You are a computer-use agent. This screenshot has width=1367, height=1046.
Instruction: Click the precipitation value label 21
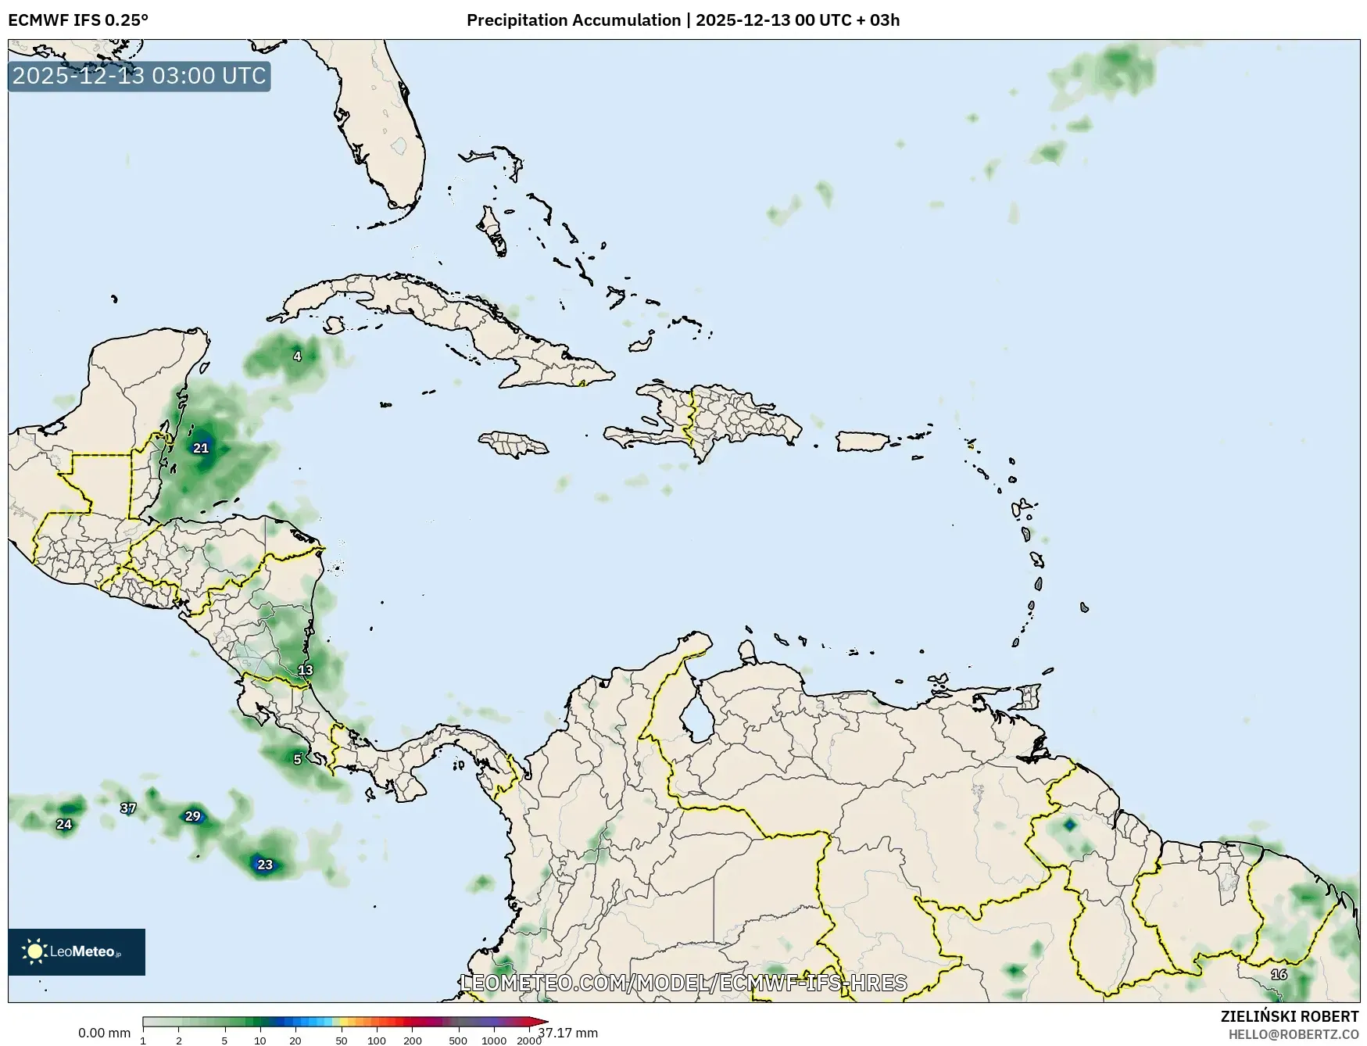click(x=201, y=448)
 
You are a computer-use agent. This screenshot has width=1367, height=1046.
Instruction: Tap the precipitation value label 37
click(x=128, y=808)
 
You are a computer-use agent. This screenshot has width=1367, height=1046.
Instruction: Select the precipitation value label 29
click(x=192, y=816)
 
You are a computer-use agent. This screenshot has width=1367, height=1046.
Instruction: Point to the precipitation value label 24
click(x=64, y=824)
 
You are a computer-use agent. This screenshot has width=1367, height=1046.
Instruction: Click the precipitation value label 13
click(x=305, y=670)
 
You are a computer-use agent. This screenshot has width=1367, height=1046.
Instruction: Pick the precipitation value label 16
click(x=1279, y=974)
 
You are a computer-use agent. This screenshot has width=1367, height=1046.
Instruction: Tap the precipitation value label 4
click(x=297, y=356)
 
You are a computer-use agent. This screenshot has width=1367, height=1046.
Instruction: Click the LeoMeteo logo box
click(x=77, y=951)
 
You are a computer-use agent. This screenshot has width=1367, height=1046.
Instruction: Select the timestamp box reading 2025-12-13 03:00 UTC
click(x=139, y=76)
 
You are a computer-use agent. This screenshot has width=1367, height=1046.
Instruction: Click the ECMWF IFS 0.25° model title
click(x=78, y=20)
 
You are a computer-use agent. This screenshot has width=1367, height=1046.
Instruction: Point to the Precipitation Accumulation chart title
click(x=682, y=20)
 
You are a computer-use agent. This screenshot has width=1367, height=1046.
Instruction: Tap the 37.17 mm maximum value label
click(x=567, y=1033)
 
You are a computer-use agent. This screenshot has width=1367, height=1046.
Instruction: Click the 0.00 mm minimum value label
click(x=104, y=1033)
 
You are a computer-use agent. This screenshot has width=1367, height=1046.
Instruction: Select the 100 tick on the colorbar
click(x=377, y=1040)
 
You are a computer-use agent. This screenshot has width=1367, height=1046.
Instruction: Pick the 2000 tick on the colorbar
click(x=529, y=1040)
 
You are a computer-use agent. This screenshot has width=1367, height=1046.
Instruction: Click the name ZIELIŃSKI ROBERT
click(x=1290, y=1016)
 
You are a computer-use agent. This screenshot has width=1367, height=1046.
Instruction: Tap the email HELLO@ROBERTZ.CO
click(x=1293, y=1034)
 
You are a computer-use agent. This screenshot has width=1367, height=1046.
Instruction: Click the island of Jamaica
click(x=514, y=444)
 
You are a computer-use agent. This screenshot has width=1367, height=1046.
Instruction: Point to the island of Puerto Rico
click(x=864, y=441)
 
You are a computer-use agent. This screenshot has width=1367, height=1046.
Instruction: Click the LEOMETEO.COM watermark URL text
click(x=684, y=983)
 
